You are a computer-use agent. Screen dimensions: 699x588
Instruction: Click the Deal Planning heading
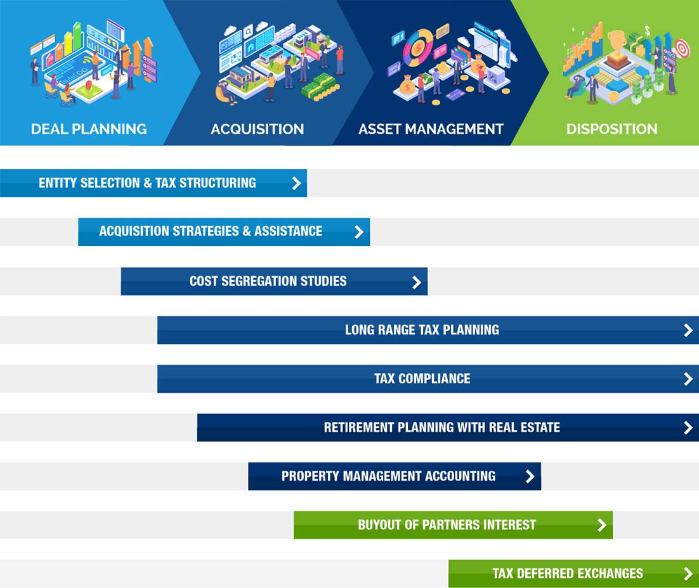(x=89, y=129)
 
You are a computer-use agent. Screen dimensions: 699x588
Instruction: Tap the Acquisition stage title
(x=258, y=129)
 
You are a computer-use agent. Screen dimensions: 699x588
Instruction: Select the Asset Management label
(x=431, y=129)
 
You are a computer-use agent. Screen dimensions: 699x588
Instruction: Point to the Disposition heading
(x=611, y=129)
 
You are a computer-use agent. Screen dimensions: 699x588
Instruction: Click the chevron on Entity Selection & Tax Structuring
(x=296, y=183)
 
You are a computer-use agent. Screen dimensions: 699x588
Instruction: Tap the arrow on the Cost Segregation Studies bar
(x=417, y=282)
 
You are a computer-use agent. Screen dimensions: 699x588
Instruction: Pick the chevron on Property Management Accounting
(x=530, y=476)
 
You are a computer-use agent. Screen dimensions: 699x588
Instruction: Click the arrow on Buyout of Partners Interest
(x=602, y=525)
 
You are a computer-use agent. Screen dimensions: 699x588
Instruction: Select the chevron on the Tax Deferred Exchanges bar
(x=688, y=574)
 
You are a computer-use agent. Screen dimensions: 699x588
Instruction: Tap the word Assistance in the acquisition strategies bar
(x=289, y=231)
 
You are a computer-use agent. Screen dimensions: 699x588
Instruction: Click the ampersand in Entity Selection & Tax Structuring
(x=148, y=183)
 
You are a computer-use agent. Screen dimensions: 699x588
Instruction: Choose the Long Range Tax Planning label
(x=422, y=330)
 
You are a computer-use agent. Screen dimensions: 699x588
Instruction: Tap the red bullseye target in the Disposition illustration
(x=682, y=48)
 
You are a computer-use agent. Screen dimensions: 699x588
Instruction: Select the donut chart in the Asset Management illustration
(x=418, y=47)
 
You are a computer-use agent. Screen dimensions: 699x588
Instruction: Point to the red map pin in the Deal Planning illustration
(x=89, y=85)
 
